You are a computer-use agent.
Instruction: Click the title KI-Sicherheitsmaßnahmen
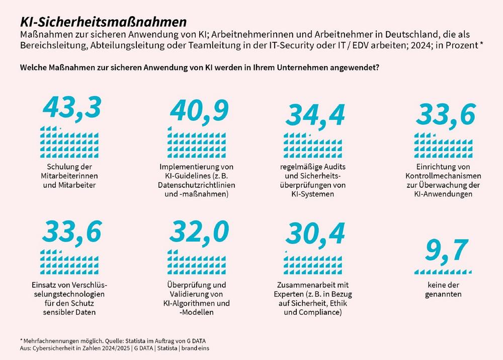pos(103,22)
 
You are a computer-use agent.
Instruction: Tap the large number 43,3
pos(72,107)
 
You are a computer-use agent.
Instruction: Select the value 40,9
pos(199,110)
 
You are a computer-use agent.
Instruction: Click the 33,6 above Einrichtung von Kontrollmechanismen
pos(446,115)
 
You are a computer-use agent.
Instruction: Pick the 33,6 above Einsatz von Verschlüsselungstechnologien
pos(72,231)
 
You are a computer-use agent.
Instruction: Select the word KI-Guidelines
pos(184,176)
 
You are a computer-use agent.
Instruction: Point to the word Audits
pos(332,167)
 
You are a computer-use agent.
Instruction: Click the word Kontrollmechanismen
pos(443,176)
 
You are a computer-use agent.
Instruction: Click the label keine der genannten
pos(443,289)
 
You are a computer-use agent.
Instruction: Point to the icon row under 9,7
pos(443,272)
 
